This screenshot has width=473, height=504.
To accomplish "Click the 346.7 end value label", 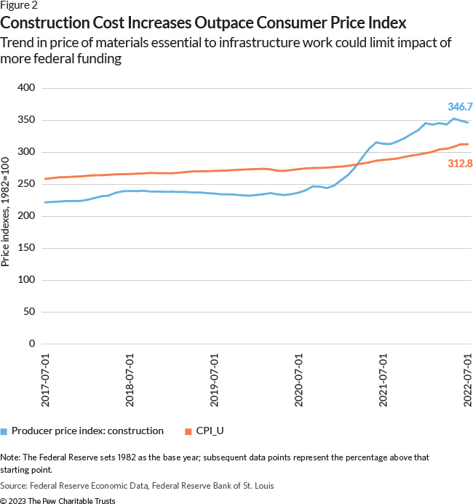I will [x=460, y=106].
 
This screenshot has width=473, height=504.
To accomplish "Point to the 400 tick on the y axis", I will [x=27, y=88].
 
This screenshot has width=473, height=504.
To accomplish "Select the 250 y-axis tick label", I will [x=27, y=184].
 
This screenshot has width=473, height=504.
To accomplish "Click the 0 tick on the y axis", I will [x=33, y=344].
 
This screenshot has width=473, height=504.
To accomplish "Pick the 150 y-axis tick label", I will [x=27, y=248].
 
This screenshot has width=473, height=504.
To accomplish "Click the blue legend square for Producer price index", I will [x=4, y=431].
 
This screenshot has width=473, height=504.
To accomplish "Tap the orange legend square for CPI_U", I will [x=187, y=431].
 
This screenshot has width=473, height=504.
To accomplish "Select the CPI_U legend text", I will [x=209, y=431].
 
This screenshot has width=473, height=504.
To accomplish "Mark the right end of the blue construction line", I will [x=468, y=123].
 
